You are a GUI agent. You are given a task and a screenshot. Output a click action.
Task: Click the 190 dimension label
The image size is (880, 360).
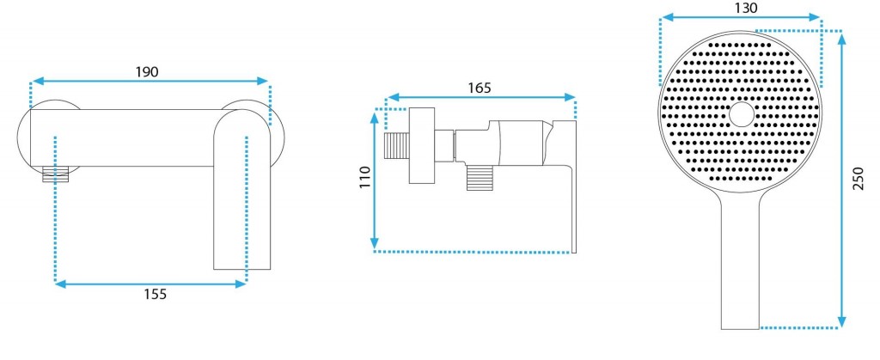tap(147, 72)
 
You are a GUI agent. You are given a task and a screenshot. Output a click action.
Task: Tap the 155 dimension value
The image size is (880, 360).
tap(156, 294)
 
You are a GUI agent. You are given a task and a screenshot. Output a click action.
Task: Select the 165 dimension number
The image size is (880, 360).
tap(480, 88)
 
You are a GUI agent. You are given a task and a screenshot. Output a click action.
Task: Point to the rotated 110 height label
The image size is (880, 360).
tap(364, 178)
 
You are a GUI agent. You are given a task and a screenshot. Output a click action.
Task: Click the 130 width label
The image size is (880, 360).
tap(746, 8)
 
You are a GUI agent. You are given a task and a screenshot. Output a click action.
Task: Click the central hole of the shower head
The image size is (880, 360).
tap(742, 113)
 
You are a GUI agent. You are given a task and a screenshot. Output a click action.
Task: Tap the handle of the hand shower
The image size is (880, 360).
tap(740, 264)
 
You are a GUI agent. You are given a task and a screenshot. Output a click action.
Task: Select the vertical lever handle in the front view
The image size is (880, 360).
tap(242, 190)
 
